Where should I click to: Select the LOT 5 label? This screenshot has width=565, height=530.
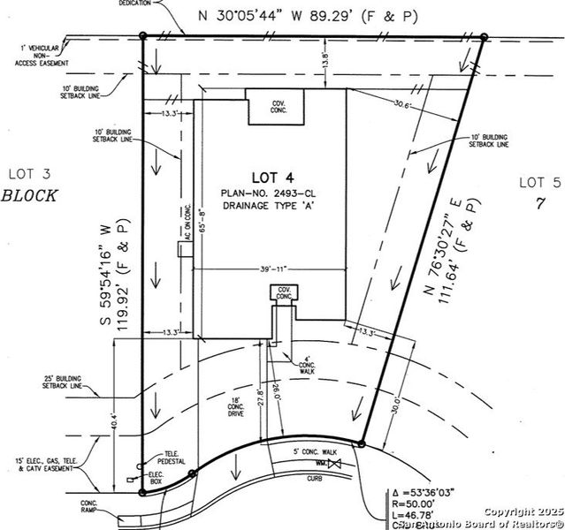(x=539, y=182)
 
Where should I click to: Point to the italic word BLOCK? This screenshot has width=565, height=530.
(x=29, y=196)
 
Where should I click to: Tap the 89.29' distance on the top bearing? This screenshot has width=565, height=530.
(x=347, y=16)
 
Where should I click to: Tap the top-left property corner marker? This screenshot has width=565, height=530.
(x=143, y=36)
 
